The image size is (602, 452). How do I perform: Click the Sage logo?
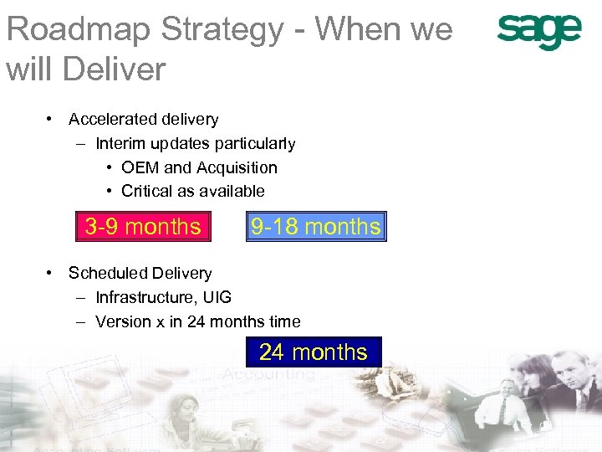538,32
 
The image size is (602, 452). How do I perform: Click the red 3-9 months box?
143,226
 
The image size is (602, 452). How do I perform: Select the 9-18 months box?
316,226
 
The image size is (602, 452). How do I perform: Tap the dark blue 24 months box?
314,352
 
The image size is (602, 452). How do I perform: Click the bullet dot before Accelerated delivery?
52,119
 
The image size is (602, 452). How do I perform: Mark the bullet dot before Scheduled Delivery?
52,273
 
